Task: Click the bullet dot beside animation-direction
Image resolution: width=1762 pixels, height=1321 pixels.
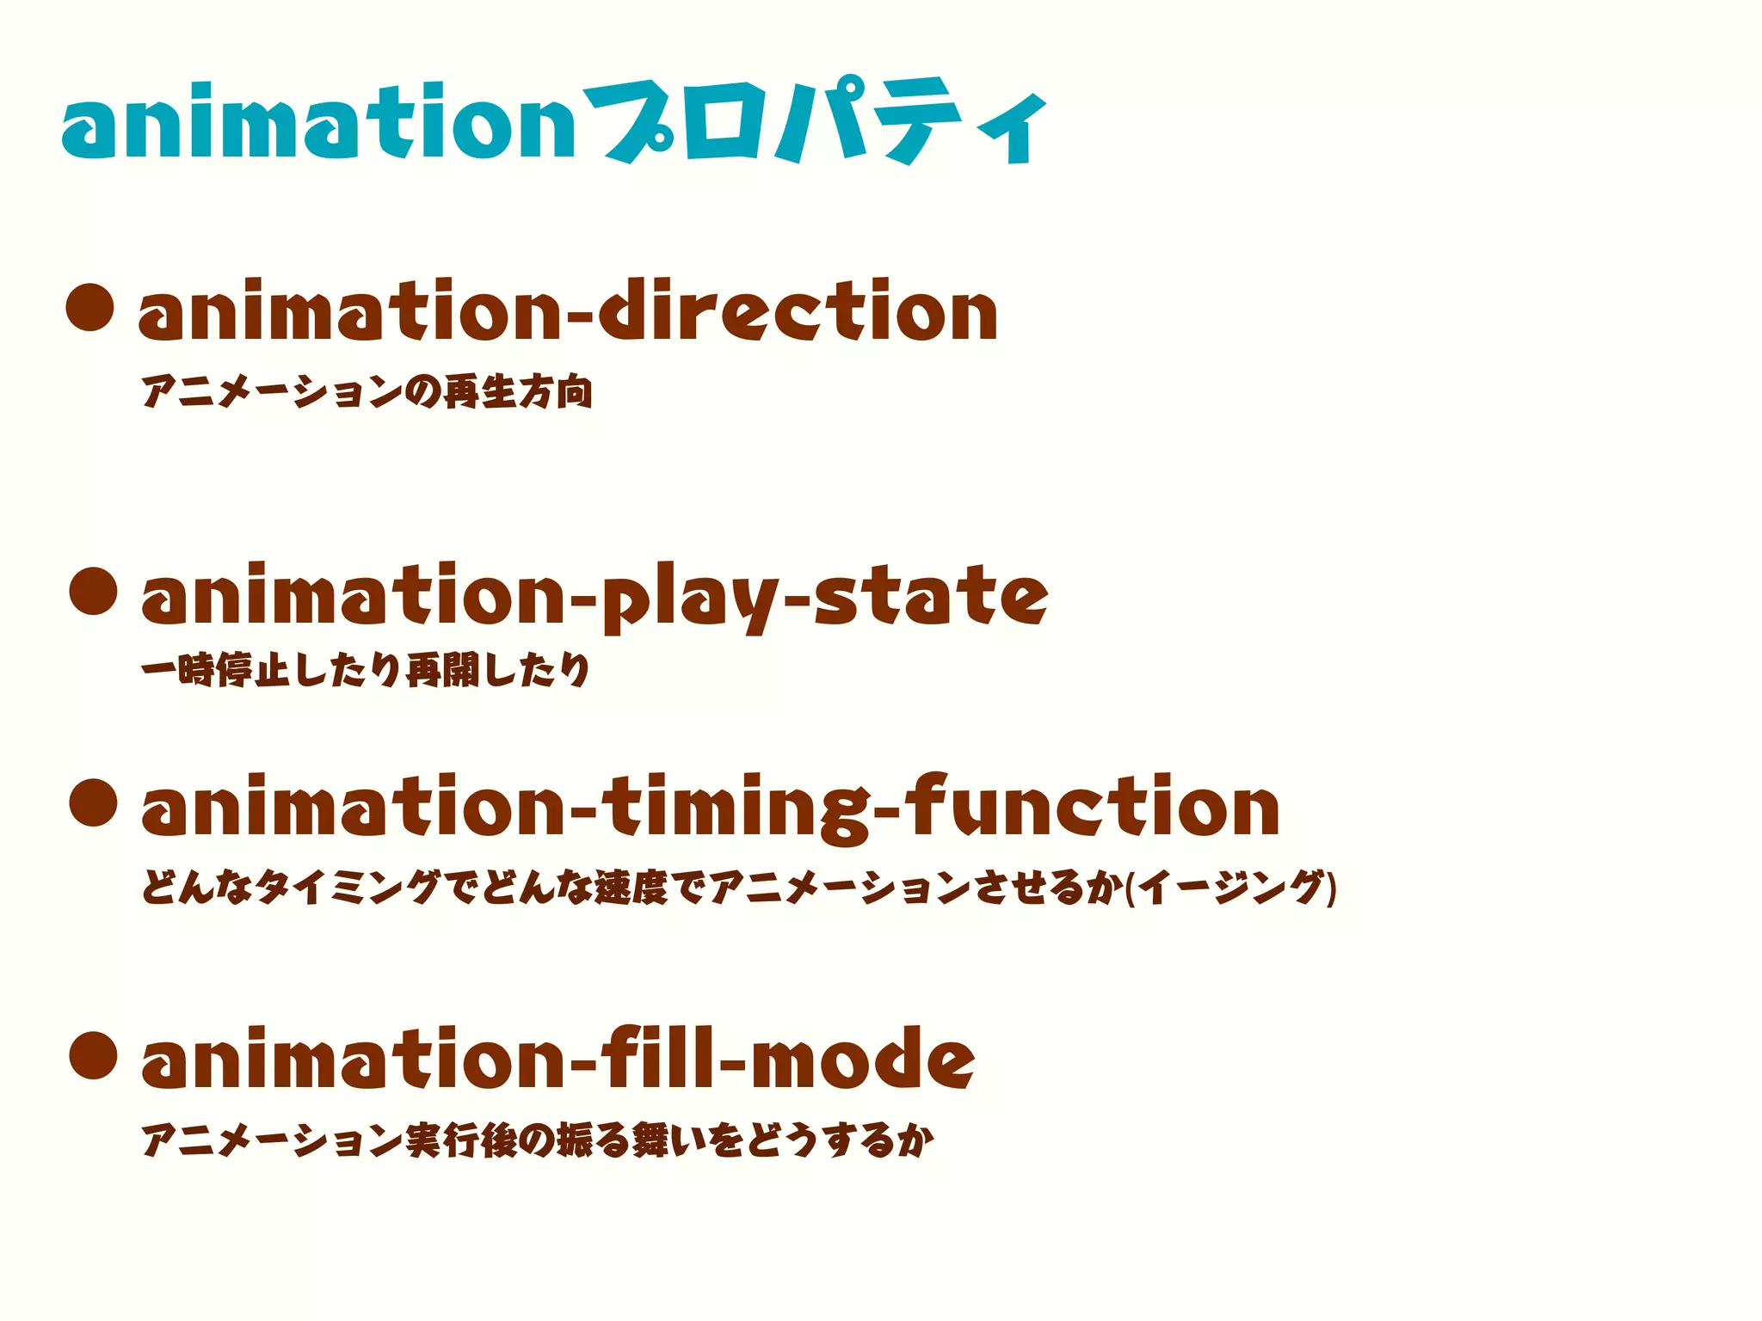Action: (90, 307)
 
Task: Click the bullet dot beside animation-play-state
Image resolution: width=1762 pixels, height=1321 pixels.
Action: (93, 591)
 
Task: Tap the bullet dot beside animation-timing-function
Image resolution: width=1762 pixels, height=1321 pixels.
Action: (93, 802)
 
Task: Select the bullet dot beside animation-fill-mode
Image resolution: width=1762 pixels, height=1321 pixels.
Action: (93, 1056)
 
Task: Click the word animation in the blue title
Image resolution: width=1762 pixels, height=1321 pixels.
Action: (318, 123)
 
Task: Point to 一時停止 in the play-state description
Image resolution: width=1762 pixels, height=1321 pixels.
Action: (215, 670)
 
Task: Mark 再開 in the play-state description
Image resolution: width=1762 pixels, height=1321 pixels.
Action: (442, 670)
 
